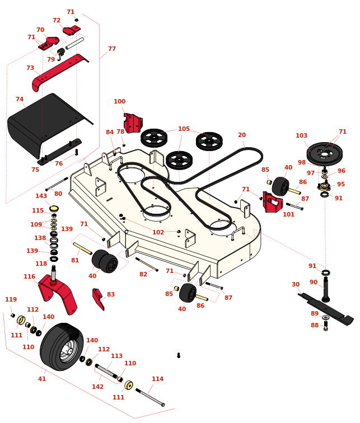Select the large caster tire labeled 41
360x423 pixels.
[x=61, y=346]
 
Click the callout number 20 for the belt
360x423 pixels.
[x=242, y=135]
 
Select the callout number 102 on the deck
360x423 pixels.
[x=158, y=232]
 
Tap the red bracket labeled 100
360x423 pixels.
[x=133, y=123]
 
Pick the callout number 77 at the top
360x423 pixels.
[x=112, y=49]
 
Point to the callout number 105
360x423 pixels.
[x=184, y=129]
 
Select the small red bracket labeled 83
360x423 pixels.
[x=98, y=298]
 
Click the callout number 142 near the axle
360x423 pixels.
[x=98, y=387]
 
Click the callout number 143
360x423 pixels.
[x=41, y=196]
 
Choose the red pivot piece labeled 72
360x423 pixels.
[x=71, y=30]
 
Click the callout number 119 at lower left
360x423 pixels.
[x=11, y=299]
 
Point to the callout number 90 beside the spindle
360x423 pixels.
[x=314, y=282]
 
